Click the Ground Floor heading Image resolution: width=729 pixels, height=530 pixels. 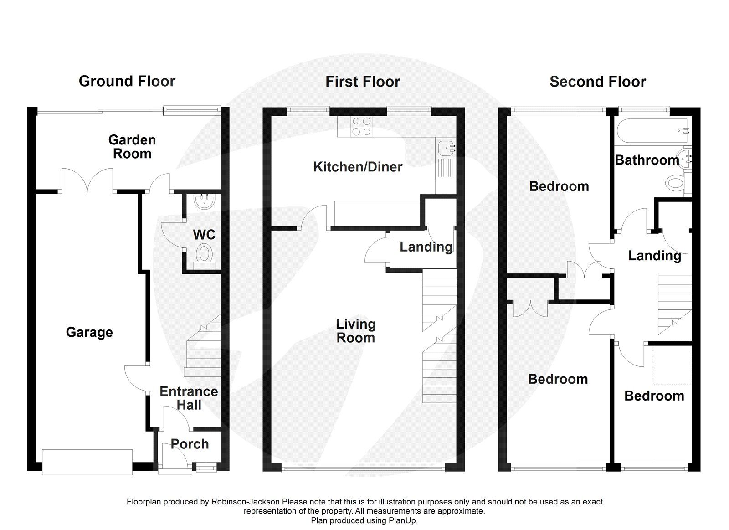pyautogui.click(x=127, y=82)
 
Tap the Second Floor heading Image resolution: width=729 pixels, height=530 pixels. pyautogui.click(x=597, y=82)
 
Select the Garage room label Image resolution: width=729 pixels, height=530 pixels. pyautogui.click(x=89, y=332)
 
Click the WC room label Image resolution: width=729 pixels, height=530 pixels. pyautogui.click(x=204, y=235)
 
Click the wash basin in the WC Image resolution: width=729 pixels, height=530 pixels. pyautogui.click(x=205, y=201)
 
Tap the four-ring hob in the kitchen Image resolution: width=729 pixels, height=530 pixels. pyautogui.click(x=361, y=127)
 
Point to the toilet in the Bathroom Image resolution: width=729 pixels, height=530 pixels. pyautogui.click(x=676, y=183)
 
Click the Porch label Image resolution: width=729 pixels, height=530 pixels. pyautogui.click(x=190, y=444)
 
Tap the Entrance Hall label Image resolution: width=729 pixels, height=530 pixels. pyautogui.click(x=189, y=398)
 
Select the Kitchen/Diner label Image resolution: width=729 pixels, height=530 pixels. pyautogui.click(x=358, y=167)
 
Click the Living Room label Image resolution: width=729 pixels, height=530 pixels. pyautogui.click(x=355, y=331)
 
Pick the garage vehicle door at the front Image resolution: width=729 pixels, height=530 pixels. pyautogui.click(x=87, y=462)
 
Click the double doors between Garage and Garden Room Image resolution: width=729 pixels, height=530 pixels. pyautogui.click(x=87, y=180)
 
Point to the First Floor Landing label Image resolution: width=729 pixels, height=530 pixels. pyautogui.click(x=426, y=247)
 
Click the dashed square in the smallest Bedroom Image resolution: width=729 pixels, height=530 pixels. pyautogui.click(x=672, y=365)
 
